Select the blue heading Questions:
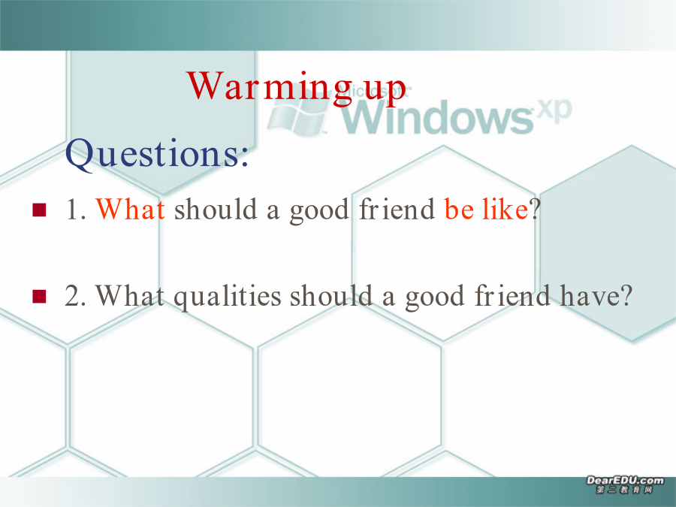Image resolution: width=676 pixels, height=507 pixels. point(157,154)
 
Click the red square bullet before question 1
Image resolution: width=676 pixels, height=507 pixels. point(39,210)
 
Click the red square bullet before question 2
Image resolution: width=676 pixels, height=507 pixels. point(39,297)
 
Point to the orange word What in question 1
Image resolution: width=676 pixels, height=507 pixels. point(130,209)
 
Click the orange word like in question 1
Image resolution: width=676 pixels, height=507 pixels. point(505,209)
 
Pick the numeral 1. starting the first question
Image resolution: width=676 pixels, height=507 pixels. point(76,210)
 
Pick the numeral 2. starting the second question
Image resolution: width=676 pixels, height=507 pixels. point(75,297)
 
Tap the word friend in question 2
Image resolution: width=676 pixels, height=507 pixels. point(512,296)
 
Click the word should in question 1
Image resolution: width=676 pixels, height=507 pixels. point(216,209)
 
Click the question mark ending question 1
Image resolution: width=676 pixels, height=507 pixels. point(535,210)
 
